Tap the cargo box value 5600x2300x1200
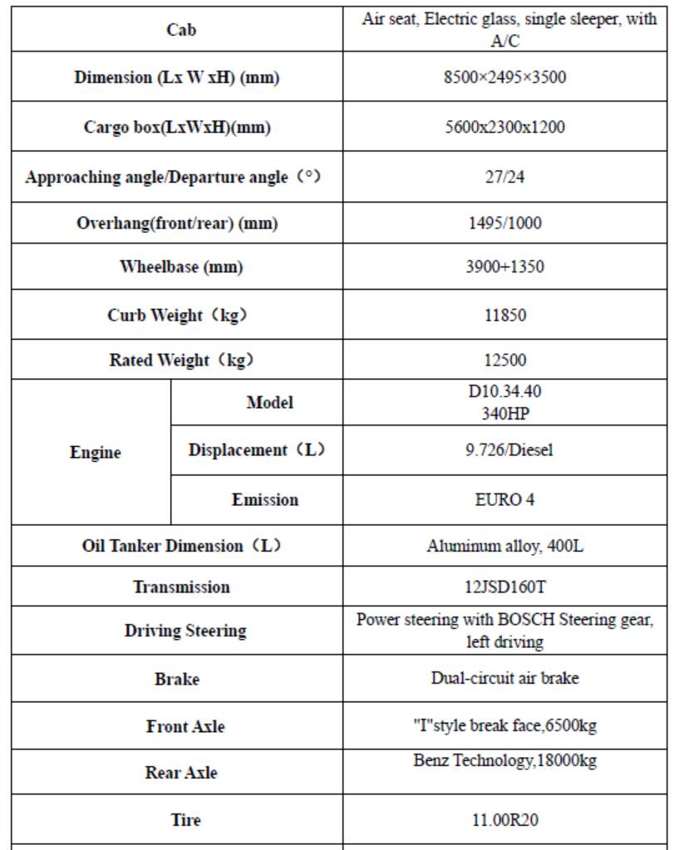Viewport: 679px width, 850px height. coord(504,127)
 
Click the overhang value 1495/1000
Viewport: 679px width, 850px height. coord(504,224)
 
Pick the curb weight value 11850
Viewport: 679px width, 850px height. coord(504,316)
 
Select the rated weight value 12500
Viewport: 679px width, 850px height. coord(504,360)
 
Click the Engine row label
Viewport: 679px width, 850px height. coord(96,453)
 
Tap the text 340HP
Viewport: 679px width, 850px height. coord(504,410)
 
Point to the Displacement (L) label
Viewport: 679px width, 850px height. coord(256,450)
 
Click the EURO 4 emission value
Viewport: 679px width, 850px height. coord(504,499)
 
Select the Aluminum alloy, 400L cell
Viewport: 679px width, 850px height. coord(504,546)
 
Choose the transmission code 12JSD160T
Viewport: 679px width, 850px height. coord(504,587)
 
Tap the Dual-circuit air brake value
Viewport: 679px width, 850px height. coord(504,678)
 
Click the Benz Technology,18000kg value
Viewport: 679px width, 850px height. coord(504,760)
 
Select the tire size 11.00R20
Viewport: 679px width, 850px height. coord(504,819)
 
